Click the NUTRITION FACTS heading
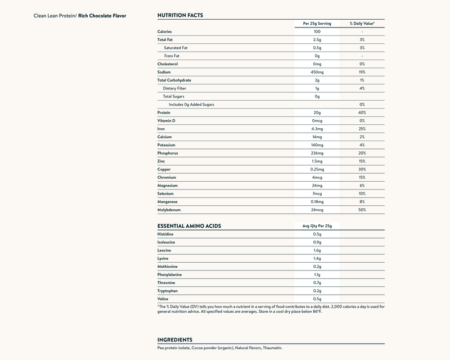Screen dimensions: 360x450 coord(180,15)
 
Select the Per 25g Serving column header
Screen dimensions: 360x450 coord(317,24)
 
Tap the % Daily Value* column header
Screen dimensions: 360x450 coord(362,24)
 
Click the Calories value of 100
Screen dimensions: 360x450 coord(317,31)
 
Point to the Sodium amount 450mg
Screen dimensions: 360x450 coord(317,72)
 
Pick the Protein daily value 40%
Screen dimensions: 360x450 coord(362,112)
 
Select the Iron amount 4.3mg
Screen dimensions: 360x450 coord(317,129)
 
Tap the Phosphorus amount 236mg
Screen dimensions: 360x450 coord(317,153)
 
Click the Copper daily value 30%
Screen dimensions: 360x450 coord(362,169)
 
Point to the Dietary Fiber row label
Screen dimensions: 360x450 coord(174,88)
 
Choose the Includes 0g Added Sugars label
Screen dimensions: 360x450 coord(191,105)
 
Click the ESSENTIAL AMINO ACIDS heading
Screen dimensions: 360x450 coord(188,226)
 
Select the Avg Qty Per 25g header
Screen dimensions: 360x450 coord(317,226)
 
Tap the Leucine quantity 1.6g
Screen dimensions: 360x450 coord(317,250)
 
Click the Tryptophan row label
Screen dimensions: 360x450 coord(168,290)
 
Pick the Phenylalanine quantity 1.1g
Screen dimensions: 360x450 coord(317,274)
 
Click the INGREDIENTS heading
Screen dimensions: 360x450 coord(175,340)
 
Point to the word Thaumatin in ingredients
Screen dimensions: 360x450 coord(272,348)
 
